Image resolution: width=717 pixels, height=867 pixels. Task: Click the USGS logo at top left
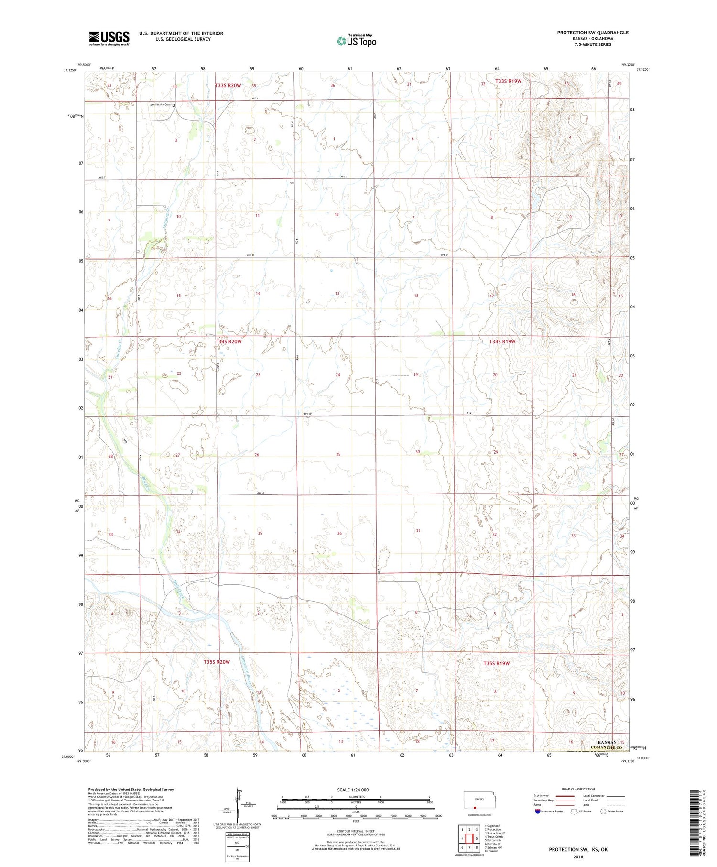109,38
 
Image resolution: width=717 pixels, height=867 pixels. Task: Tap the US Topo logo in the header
357,41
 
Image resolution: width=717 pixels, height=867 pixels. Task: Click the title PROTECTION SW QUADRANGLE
592,33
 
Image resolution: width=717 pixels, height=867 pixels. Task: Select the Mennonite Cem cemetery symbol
174,105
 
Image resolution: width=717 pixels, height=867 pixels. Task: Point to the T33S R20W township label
228,85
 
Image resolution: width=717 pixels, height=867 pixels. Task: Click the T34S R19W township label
502,341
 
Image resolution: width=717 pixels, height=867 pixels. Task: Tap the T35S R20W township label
217,662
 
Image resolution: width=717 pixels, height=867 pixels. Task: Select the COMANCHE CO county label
595,747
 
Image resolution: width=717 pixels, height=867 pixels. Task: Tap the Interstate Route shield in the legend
537,812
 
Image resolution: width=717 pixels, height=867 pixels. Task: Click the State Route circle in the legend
604,812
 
